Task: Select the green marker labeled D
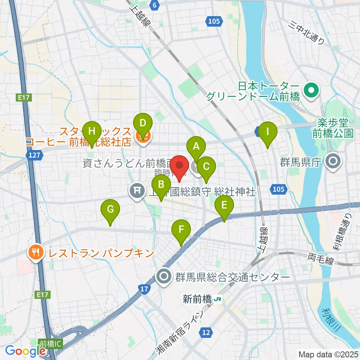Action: tap(143, 123)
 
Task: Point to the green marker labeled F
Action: tap(181, 229)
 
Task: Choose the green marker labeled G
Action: tap(110, 209)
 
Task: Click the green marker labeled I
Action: tap(268, 132)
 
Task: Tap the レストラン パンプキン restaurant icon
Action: tap(35, 252)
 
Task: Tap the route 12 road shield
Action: tap(206, 332)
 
